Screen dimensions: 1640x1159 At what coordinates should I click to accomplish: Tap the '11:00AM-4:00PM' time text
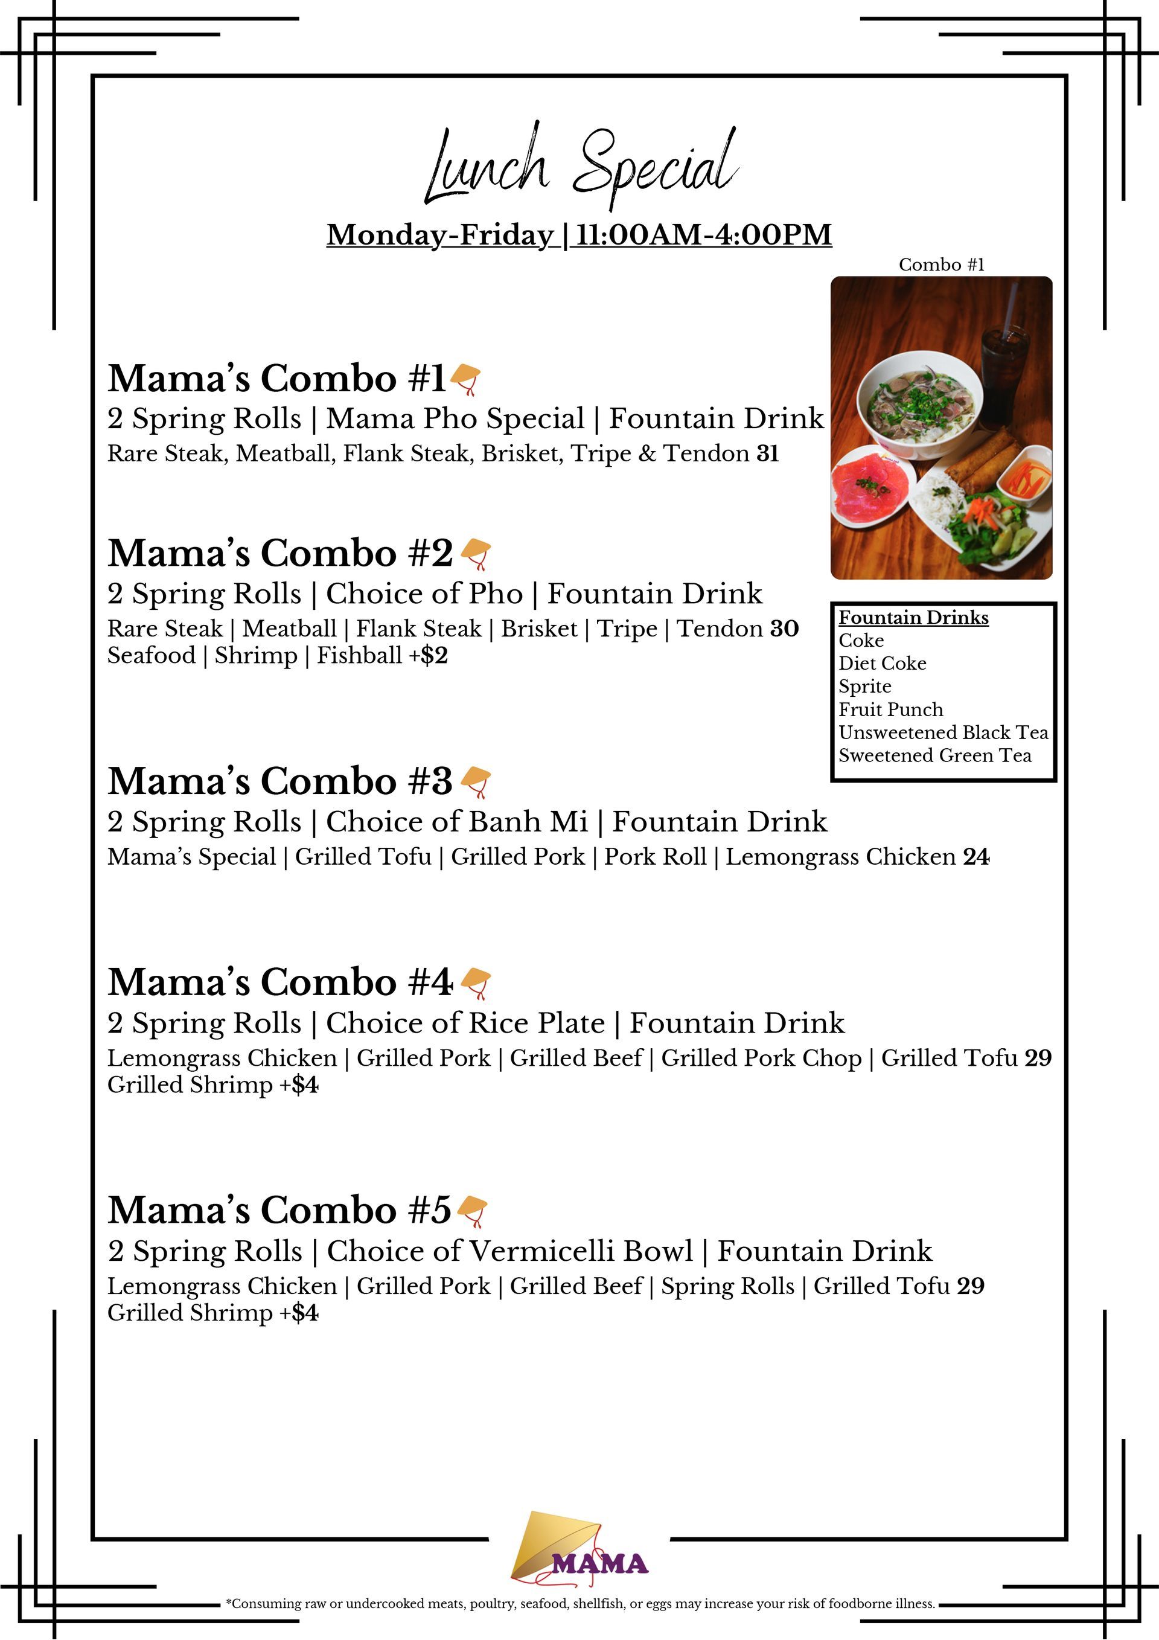(x=703, y=235)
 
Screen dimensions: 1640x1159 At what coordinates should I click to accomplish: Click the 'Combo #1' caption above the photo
(x=941, y=265)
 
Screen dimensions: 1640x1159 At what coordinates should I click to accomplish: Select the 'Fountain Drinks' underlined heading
(x=913, y=617)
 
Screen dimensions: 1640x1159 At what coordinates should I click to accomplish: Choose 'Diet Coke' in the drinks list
(x=882, y=664)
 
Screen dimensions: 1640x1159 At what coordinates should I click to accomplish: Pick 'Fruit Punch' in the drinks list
(x=890, y=709)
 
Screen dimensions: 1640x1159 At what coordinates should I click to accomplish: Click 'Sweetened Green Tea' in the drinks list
(x=935, y=756)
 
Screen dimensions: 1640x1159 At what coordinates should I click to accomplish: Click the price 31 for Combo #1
(x=768, y=453)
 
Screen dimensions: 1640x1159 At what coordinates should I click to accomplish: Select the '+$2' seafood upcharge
(x=428, y=656)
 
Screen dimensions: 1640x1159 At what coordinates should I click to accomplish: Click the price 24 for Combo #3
(x=976, y=856)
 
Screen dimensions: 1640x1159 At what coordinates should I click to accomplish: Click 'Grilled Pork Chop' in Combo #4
(x=761, y=1058)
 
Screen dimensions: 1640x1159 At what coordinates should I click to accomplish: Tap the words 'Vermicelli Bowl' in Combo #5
(x=581, y=1251)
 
